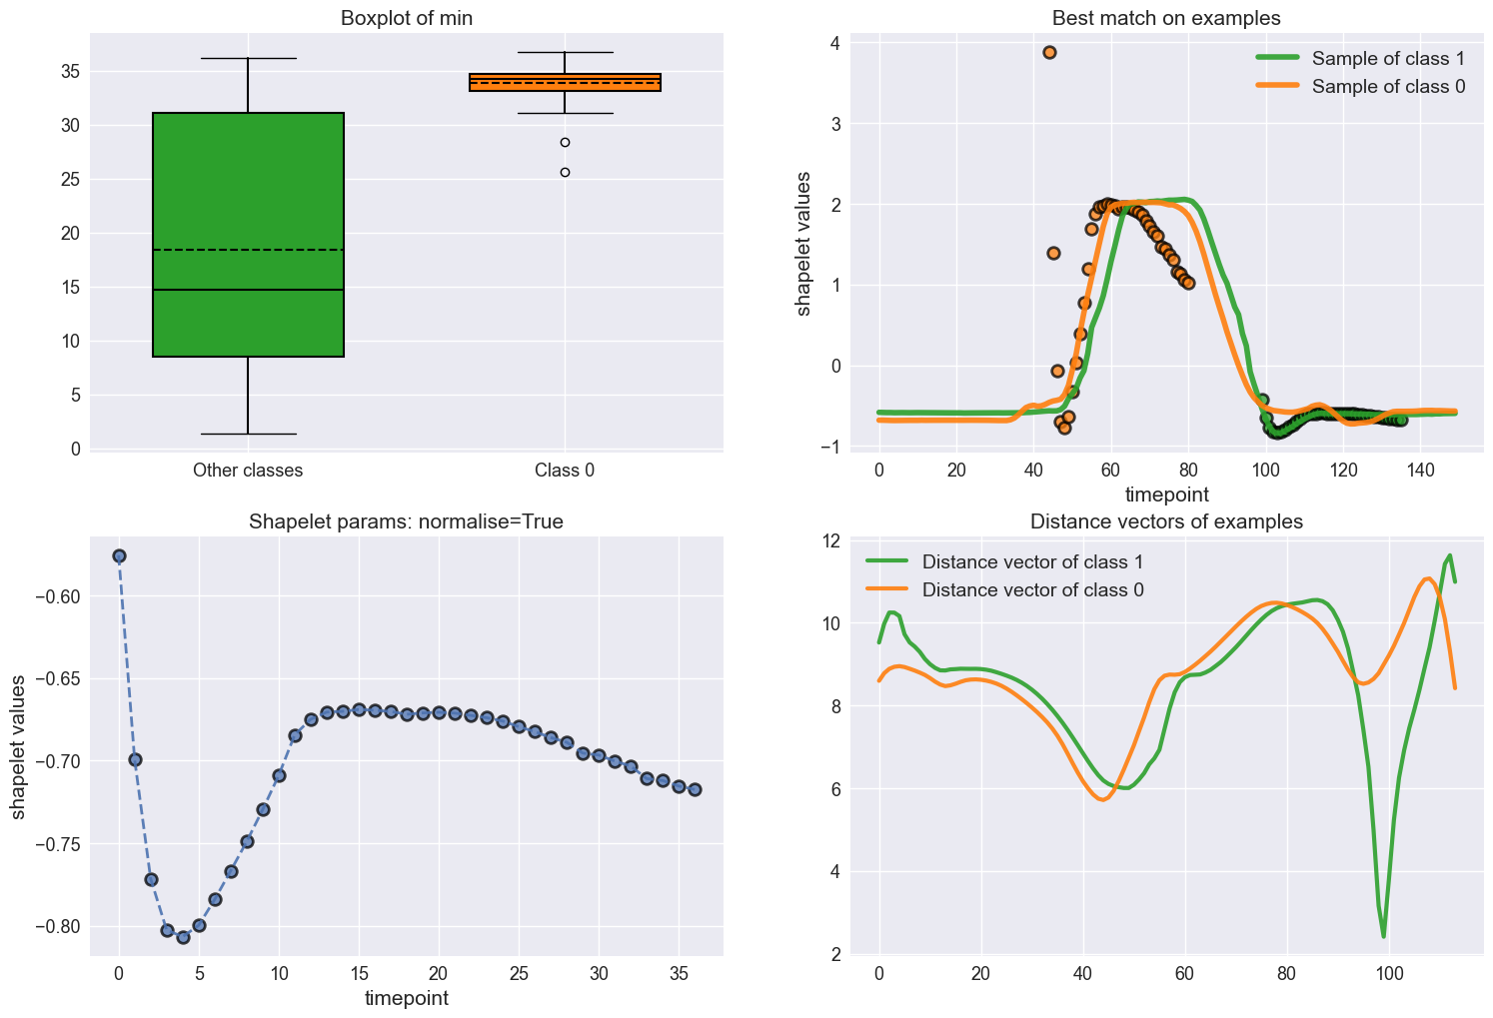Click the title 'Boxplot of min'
[406, 18]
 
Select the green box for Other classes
[248, 234]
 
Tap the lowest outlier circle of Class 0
[565, 172]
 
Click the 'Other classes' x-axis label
[248, 470]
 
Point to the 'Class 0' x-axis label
[565, 470]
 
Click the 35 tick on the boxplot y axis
[71, 72]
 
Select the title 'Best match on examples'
[1166, 18]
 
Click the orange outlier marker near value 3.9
[1049, 52]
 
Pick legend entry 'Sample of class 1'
[1388, 58]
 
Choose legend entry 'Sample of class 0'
[1388, 86]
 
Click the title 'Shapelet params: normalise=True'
[406, 521]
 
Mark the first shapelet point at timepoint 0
[119, 555]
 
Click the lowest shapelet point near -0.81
[183, 937]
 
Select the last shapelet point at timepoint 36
[695, 789]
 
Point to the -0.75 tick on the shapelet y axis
[60, 844]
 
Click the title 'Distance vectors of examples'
[1166, 521]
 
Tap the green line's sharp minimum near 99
[1384, 935]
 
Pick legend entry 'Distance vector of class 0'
[1032, 589]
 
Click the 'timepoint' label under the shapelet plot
[406, 997]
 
